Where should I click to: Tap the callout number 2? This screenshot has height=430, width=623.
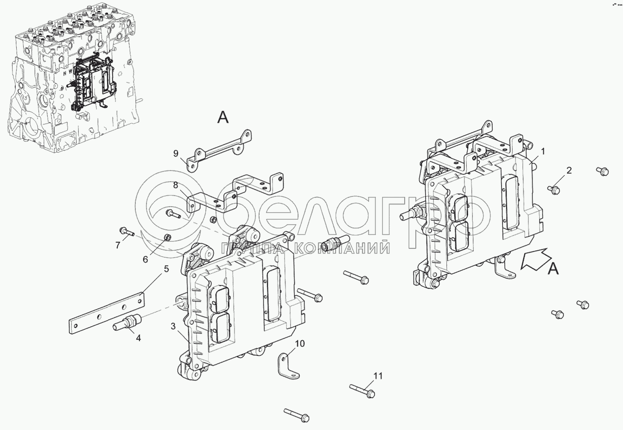(x=569, y=171)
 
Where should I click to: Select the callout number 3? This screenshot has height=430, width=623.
(x=173, y=326)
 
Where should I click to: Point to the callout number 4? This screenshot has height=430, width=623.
(x=138, y=338)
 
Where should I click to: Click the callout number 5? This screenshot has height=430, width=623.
(x=166, y=269)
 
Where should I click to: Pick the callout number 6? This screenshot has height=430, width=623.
(x=146, y=259)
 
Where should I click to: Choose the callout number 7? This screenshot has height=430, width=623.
(x=118, y=245)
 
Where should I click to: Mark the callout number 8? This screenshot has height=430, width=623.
(x=176, y=185)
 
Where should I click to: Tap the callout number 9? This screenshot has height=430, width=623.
(x=176, y=153)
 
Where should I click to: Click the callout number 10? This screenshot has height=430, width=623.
(x=299, y=343)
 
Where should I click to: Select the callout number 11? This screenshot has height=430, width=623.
(x=378, y=376)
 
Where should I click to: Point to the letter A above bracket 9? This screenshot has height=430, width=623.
(x=223, y=117)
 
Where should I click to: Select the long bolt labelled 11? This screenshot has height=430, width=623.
(x=362, y=391)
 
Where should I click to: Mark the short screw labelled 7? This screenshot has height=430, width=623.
(x=127, y=231)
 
